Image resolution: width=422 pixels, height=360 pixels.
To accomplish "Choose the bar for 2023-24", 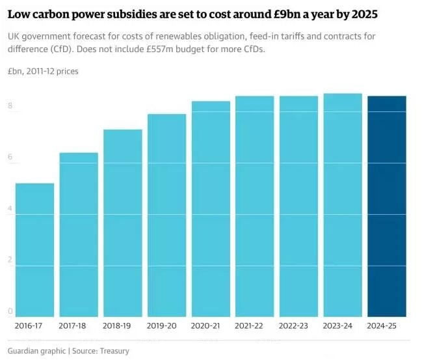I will tap(343, 206).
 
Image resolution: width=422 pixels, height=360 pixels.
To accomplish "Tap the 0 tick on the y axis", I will tap(10, 311).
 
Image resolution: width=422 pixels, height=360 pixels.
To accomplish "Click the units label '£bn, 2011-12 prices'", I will tap(43, 71).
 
